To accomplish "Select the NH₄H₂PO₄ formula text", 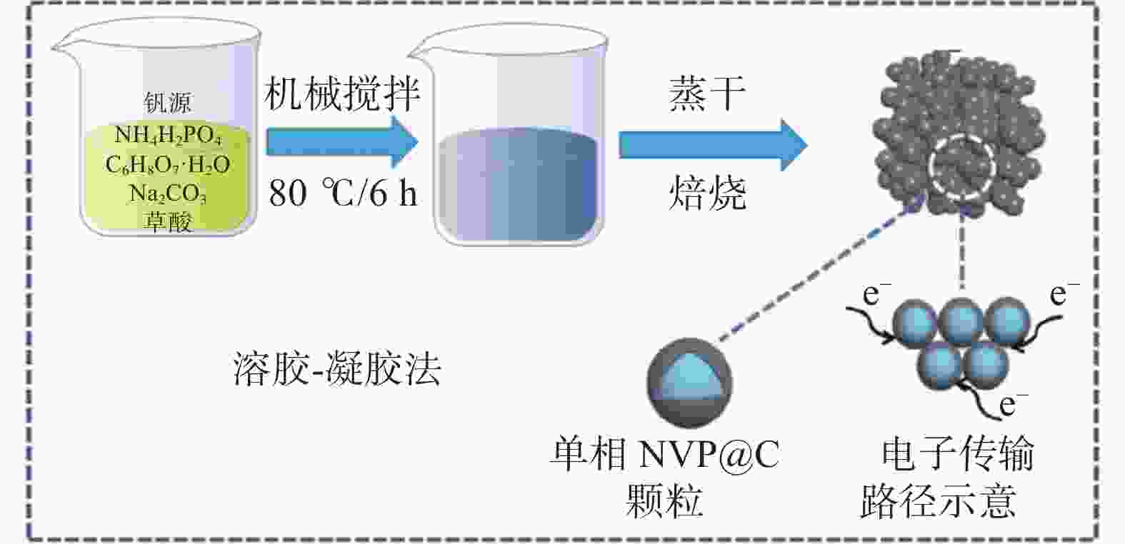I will pyautogui.click(x=169, y=135).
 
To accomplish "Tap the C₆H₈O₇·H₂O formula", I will pyautogui.click(x=168, y=165).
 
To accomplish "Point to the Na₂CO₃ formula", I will pyautogui.click(x=168, y=193).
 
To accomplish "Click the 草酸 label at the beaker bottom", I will pyautogui.click(x=169, y=222).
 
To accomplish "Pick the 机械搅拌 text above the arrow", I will pyautogui.click(x=342, y=94).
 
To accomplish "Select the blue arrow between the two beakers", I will pyautogui.click(x=341, y=142).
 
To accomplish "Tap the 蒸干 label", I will pyautogui.click(x=707, y=94).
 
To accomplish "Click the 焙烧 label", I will pyautogui.click(x=707, y=193).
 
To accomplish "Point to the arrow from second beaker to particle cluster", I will pyautogui.click(x=711, y=144).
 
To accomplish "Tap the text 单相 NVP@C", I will pyautogui.click(x=664, y=455).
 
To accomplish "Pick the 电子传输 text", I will pyautogui.click(x=957, y=455).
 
